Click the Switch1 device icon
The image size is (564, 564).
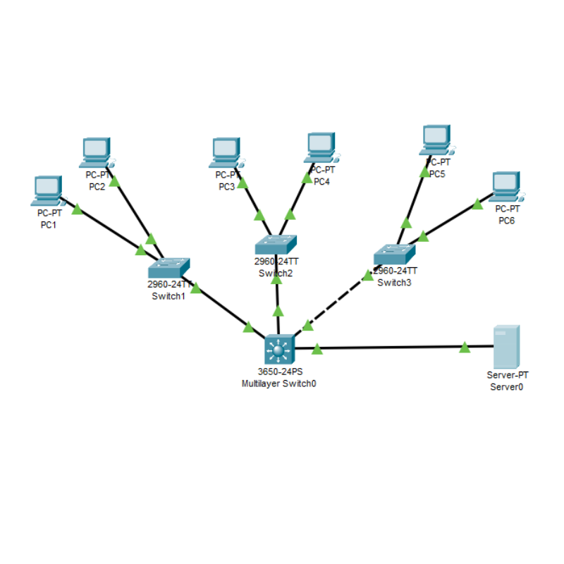click(x=169, y=267)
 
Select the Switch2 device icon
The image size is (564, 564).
click(x=276, y=244)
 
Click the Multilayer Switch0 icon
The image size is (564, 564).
click(x=278, y=349)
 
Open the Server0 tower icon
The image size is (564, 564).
click(x=506, y=346)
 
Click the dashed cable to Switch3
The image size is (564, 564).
click(x=337, y=300)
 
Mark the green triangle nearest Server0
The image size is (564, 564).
click(x=465, y=347)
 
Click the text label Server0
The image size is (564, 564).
click(x=506, y=387)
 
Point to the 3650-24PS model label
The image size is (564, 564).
click(x=278, y=373)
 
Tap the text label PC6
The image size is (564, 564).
click(x=507, y=221)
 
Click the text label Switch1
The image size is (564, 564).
click(x=168, y=296)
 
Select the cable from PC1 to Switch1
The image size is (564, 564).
click(x=106, y=226)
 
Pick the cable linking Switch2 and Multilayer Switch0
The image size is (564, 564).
click(x=278, y=296)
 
